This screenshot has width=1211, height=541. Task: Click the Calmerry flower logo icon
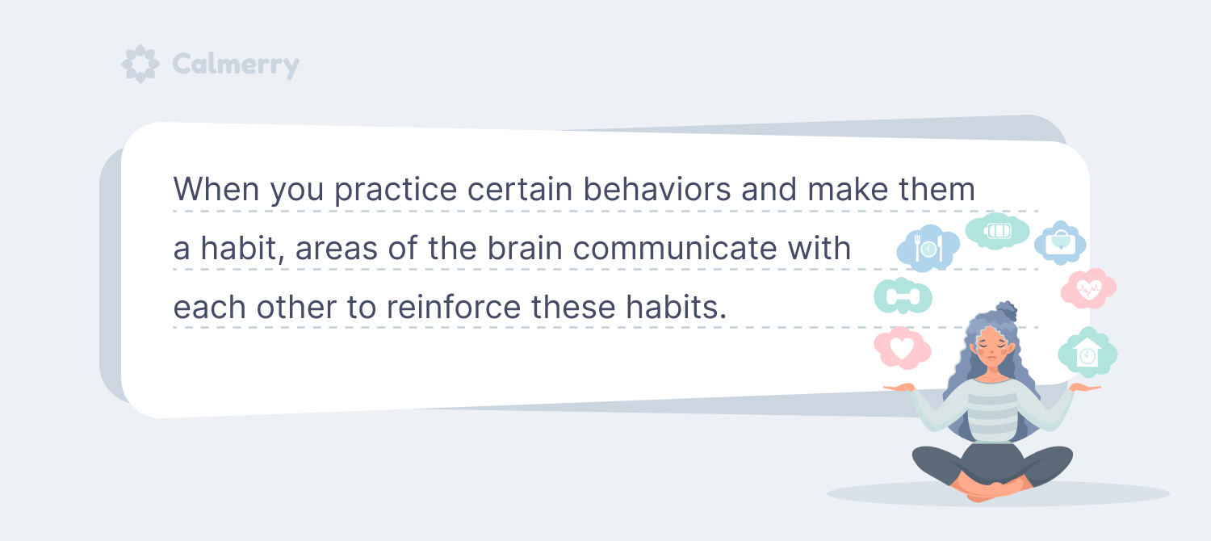coord(140,64)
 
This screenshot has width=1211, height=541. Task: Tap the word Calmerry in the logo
coord(236,65)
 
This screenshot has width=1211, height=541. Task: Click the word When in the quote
coord(216,189)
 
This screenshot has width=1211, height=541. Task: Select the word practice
coord(396,191)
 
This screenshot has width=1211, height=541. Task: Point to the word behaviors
coord(657,189)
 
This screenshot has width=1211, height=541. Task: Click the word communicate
coord(675,248)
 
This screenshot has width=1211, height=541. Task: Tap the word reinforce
coord(454,307)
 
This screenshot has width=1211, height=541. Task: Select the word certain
coord(520,189)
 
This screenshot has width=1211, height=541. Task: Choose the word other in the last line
coord(296,307)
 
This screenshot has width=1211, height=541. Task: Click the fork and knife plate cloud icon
coord(928,248)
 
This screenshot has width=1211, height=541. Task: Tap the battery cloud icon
coord(997,231)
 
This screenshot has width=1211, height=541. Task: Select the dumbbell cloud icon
coord(903,296)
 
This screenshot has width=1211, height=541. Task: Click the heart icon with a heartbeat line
coord(1088,288)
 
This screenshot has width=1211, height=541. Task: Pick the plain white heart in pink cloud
coord(902,348)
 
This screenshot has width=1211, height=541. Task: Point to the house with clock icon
coord(1087,353)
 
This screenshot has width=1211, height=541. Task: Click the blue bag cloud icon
coord(1060,243)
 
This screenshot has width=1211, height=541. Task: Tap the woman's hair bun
coord(1006,312)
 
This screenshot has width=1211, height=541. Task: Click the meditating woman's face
coord(992,350)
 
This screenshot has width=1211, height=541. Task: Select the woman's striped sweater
coord(991,411)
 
